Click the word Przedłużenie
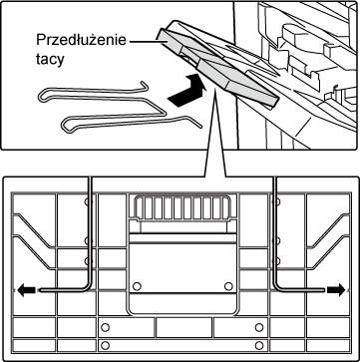pos(81,40)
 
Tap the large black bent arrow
pos(187,91)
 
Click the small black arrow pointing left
pos(26,290)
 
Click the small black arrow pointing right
pos(336,290)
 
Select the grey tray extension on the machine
pos(216,68)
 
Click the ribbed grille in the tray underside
pos(181,207)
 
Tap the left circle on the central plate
pos(136,286)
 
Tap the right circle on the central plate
pos(228,286)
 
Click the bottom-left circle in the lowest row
pos(105,345)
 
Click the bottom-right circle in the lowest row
pos(259,345)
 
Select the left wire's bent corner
pos(88,286)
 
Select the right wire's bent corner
pos(277,286)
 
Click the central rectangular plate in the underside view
pos(181,267)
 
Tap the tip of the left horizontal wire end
pos(40,290)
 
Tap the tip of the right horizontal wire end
pos(324,290)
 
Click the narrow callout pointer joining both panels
pos(214,133)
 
